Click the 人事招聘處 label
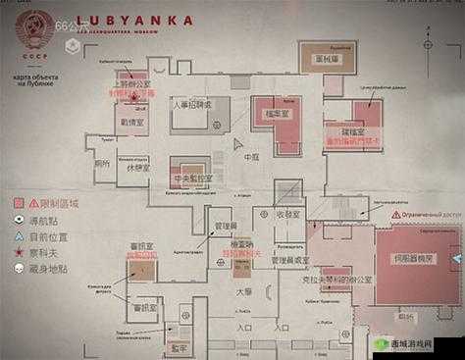(x=191, y=104)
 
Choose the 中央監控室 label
(x=191, y=179)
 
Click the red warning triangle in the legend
(x=19, y=201)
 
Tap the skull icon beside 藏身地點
(x=19, y=267)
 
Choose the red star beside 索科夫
(x=19, y=251)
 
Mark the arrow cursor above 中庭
(x=239, y=142)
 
